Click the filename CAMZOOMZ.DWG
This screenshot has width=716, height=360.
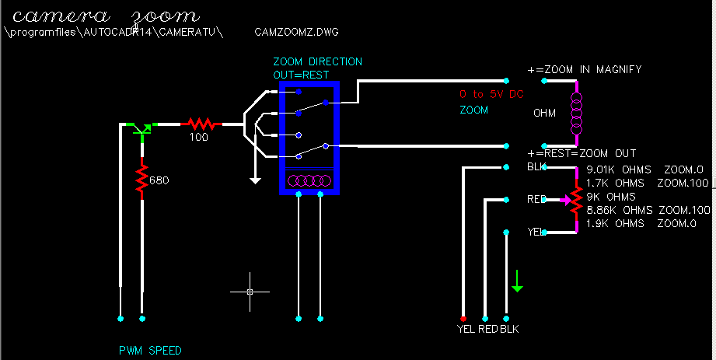[x=296, y=33]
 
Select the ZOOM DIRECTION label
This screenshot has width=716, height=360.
[x=317, y=61]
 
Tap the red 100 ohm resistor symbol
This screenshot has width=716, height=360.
[x=201, y=123]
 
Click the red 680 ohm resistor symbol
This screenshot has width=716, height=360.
[x=142, y=180]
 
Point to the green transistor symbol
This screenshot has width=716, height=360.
[x=141, y=128]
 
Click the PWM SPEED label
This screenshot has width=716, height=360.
[x=150, y=351]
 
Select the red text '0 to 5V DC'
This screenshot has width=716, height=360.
[x=492, y=94]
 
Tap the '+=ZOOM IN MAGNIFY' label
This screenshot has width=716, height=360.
[x=585, y=69]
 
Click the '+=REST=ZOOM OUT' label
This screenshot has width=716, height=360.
[x=582, y=153]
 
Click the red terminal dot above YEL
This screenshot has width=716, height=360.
[x=463, y=319]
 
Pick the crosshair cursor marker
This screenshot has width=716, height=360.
[x=250, y=292]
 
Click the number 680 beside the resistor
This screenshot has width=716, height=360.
[x=159, y=180]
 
